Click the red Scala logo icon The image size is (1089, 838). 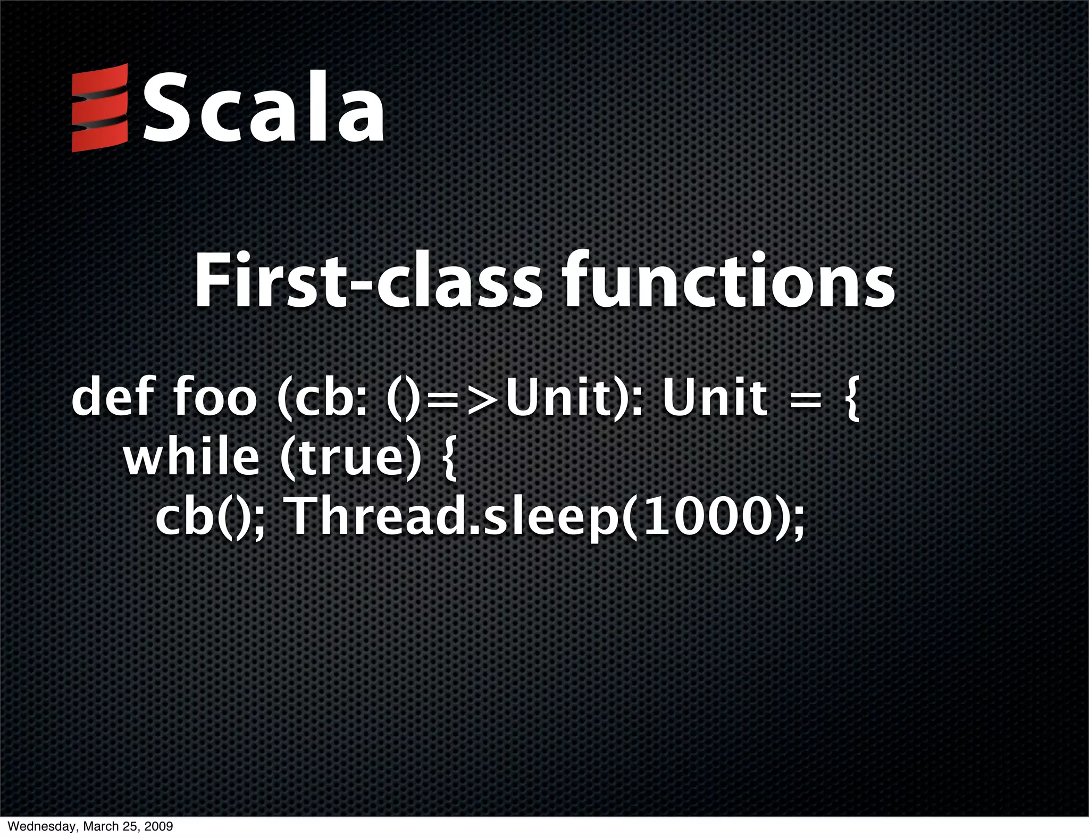(x=99, y=108)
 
